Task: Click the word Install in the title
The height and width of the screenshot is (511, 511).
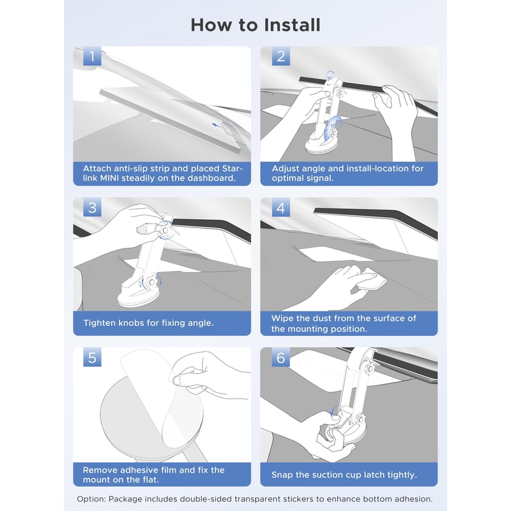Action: pos(292,25)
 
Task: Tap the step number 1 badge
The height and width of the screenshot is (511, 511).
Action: pos(92,56)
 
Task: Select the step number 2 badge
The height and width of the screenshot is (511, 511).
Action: pos(281,56)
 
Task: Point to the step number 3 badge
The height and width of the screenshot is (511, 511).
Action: pos(92,207)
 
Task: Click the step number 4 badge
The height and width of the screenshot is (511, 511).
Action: pos(281,207)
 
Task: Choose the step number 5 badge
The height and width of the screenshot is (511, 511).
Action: pos(92,357)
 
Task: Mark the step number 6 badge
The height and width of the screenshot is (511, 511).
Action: pos(281,357)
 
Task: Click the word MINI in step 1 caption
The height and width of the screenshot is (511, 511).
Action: pos(109,178)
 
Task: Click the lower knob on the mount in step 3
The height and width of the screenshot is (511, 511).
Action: pos(151,282)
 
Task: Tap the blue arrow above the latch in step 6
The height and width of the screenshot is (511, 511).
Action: pos(333,411)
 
